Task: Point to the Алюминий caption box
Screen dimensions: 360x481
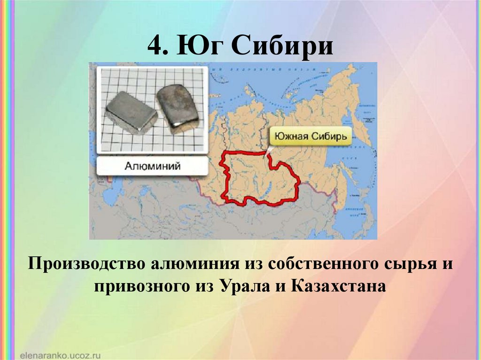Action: [x=153, y=166]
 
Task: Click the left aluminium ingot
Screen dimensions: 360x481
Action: [x=130, y=112]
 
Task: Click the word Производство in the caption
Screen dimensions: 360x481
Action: [x=86, y=264]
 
